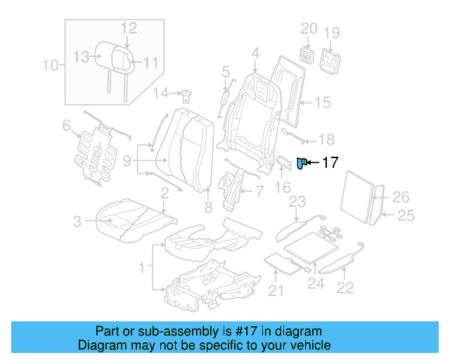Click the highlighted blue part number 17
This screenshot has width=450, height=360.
pos(301,164)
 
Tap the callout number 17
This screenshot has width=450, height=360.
pos(330,163)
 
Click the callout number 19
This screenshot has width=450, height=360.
pos(332,32)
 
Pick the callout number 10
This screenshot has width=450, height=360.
pos(50,66)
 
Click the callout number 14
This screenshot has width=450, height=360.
pos(161,93)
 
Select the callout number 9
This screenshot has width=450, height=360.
pos(127,161)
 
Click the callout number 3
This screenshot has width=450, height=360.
pos(77,223)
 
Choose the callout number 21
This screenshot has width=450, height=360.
pos(277,291)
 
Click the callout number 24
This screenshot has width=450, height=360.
pos(316,285)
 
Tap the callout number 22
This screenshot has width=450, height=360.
pos(345,286)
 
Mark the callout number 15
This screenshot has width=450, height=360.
pos(321,103)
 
